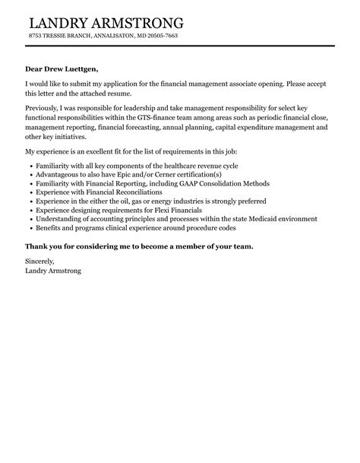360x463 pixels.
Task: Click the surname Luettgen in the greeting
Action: coord(77,68)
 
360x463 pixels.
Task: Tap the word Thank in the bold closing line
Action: coord(36,247)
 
